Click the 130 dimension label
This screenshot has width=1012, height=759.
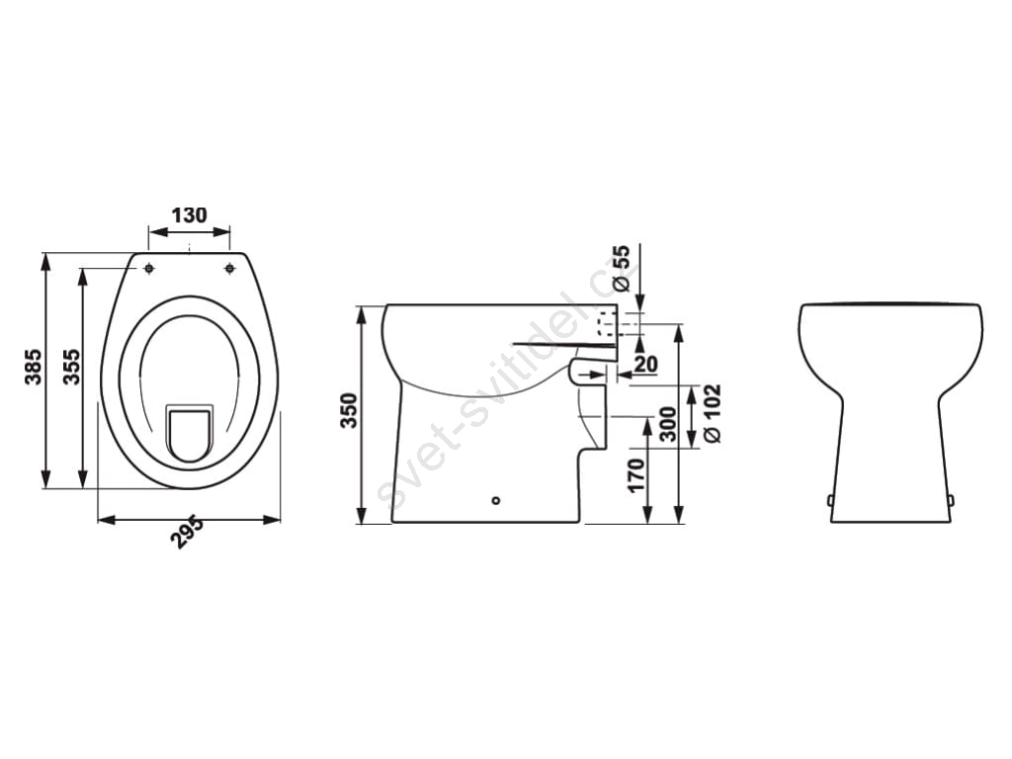point(189,214)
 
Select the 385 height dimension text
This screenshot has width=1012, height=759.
point(33,367)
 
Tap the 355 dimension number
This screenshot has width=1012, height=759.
point(71,367)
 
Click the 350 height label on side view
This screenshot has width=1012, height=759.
point(349,410)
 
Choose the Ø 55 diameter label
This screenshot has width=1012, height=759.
point(621,268)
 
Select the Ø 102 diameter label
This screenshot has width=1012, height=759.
point(712,414)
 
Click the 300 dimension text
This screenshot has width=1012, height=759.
point(669,424)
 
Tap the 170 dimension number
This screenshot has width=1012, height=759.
point(636,475)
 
